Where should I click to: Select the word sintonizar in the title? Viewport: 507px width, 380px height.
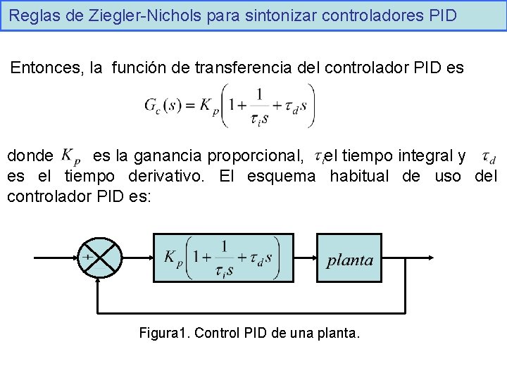(273, 15)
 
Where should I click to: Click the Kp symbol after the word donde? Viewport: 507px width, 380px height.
(70, 155)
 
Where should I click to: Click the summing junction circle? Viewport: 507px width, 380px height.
(100, 259)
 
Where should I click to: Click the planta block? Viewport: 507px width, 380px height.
(350, 259)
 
